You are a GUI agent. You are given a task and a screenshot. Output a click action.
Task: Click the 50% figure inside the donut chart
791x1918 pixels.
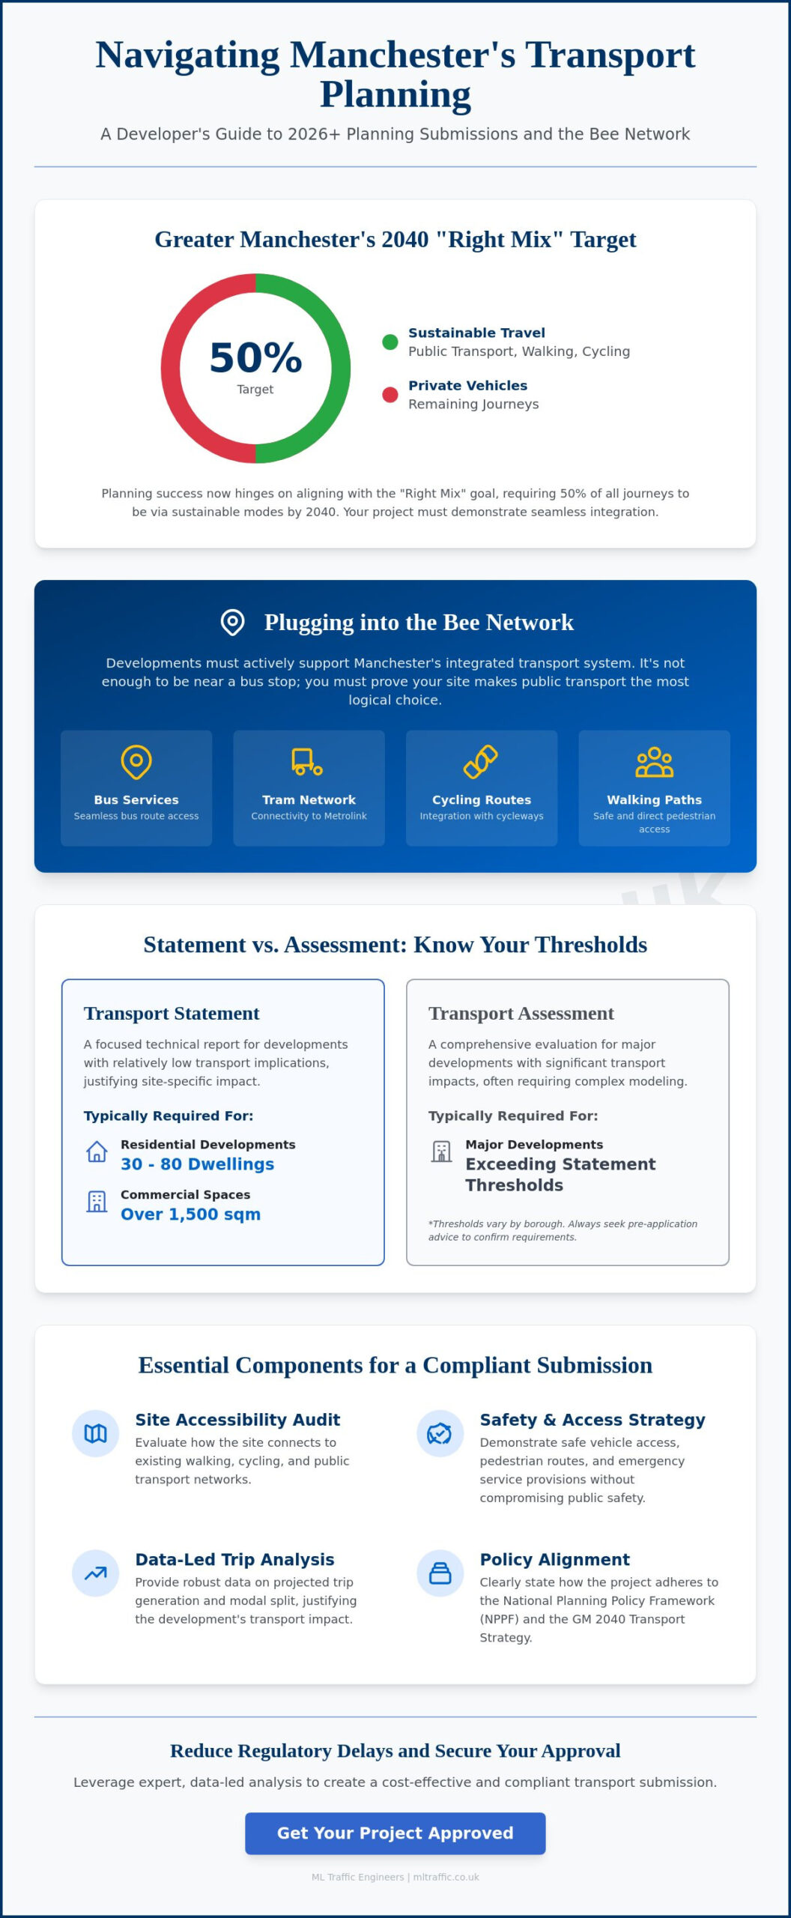click(x=255, y=357)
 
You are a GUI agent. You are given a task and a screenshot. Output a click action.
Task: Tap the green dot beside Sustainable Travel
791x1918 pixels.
click(x=390, y=342)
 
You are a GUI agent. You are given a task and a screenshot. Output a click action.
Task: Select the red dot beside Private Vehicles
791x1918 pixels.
click(x=390, y=395)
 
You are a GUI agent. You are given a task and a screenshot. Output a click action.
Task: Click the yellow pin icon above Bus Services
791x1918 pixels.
click(x=136, y=762)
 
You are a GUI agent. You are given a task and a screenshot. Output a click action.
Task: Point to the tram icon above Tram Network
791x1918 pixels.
click(x=308, y=762)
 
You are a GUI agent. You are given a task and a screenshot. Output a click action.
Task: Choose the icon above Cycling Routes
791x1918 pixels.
click(x=481, y=762)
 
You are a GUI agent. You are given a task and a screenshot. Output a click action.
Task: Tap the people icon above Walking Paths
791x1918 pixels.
click(x=654, y=762)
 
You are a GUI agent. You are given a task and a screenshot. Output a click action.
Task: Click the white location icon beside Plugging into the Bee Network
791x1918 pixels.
click(x=233, y=622)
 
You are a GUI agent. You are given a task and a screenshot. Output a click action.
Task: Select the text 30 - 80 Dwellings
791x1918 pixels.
click(x=198, y=1164)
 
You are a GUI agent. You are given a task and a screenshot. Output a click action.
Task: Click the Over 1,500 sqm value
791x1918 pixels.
click(x=191, y=1214)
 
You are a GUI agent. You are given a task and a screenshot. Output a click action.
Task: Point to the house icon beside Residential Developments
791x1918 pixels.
click(x=97, y=1152)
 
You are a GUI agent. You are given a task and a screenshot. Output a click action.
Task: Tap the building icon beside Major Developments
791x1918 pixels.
click(x=441, y=1152)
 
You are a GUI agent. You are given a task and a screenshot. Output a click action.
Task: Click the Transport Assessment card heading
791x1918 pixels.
click(x=521, y=1013)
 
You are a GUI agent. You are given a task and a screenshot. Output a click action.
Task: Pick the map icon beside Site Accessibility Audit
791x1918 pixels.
click(x=95, y=1433)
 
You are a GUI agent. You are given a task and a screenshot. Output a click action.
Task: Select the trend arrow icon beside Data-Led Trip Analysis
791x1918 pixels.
click(x=95, y=1573)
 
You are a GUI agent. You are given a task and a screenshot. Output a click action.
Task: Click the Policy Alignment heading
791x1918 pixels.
click(x=555, y=1559)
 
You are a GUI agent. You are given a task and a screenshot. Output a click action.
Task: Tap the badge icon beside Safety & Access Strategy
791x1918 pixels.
click(x=440, y=1433)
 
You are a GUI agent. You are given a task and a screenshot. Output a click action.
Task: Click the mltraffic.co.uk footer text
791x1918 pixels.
click(x=446, y=1877)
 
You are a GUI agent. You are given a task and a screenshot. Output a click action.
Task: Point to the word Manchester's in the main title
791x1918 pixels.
click(x=403, y=55)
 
